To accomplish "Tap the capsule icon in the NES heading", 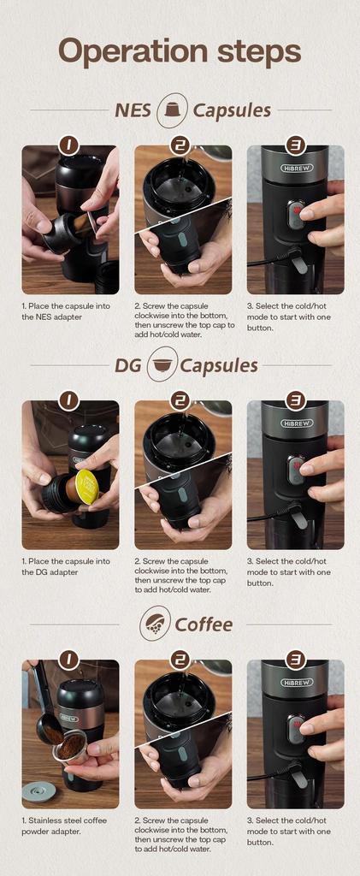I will click(x=173, y=109).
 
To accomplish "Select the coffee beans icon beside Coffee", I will click(x=155, y=623).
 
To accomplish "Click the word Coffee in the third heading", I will click(x=204, y=624).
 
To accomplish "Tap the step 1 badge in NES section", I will click(x=69, y=145).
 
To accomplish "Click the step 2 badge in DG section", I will click(x=180, y=400).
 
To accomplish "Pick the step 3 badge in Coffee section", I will click(x=295, y=659).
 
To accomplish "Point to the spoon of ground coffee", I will click(x=49, y=731).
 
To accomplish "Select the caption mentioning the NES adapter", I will click(x=65, y=311).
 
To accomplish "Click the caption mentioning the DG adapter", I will click(x=65, y=566).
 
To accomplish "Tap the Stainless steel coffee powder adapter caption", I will click(x=65, y=826).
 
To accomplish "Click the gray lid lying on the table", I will click(x=37, y=790).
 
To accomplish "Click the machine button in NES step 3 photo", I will click(x=295, y=214).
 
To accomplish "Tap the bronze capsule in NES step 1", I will click(x=80, y=224).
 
